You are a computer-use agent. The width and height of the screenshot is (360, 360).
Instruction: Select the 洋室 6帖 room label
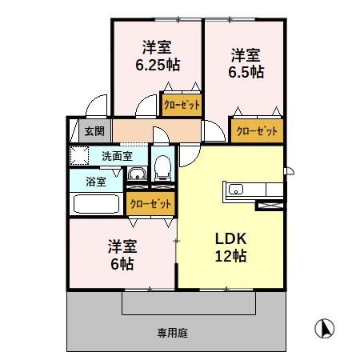click(118, 255)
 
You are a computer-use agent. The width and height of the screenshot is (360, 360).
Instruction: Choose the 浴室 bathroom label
click(95, 180)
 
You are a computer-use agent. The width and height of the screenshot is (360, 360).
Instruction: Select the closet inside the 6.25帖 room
click(182, 104)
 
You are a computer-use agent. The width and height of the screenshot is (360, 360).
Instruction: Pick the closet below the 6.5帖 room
click(257, 130)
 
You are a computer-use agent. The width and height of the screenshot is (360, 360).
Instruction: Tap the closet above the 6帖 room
click(150, 204)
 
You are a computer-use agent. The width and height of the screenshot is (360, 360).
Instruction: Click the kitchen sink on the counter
click(237, 190)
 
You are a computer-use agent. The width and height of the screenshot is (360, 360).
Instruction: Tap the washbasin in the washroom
click(137, 173)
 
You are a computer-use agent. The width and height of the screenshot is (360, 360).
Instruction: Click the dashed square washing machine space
click(80, 155)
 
